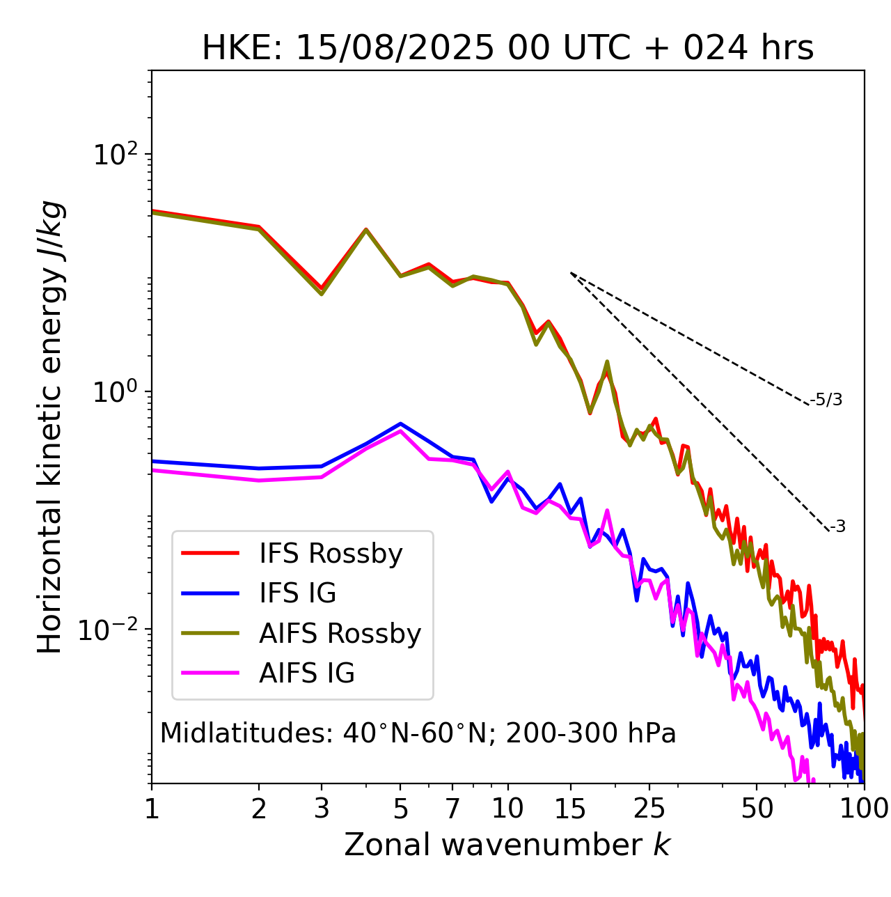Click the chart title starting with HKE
[x=507, y=48]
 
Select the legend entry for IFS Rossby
[x=331, y=554]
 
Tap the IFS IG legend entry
[x=297, y=593]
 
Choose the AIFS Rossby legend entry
[x=340, y=634]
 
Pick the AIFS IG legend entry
[x=307, y=673]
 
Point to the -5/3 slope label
[x=826, y=400]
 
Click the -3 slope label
[x=837, y=527]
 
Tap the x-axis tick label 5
[x=400, y=809]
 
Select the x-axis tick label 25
[x=649, y=809]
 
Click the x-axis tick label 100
[x=864, y=809]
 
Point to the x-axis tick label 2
[x=259, y=809]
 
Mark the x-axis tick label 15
[x=570, y=809]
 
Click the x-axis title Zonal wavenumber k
[x=507, y=845]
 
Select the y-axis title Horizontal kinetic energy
[x=51, y=427]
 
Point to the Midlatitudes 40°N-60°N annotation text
[x=418, y=733]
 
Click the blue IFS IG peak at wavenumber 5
[x=400, y=423]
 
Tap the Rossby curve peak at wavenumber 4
[x=365, y=229]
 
